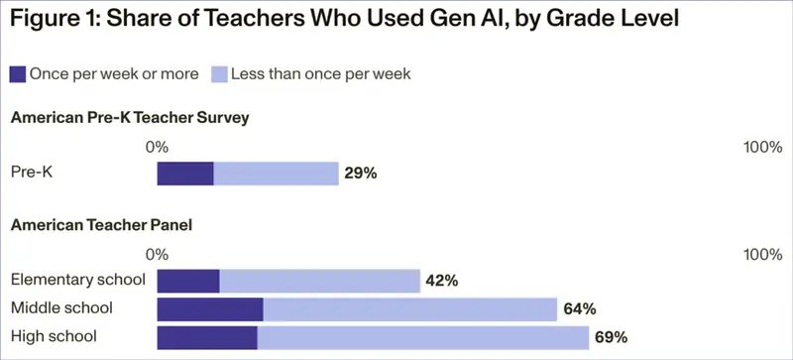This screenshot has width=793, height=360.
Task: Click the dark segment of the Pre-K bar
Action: coord(185,174)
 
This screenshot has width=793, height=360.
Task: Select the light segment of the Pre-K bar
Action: coord(276,174)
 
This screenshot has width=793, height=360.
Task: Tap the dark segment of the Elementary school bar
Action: coord(188,281)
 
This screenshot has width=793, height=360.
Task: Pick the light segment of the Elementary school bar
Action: coord(319,281)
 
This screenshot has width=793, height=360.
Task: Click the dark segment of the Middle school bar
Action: coord(210,308)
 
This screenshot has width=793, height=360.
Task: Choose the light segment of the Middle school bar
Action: coord(409,308)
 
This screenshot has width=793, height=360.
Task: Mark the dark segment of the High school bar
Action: coord(207,336)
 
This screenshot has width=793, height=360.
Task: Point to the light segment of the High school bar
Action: coord(423,336)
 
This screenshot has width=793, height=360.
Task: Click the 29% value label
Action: coord(361,174)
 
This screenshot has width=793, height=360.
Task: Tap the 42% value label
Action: coord(441,281)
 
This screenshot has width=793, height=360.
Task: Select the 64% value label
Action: coord(579,308)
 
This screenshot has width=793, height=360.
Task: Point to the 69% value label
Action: coord(611,337)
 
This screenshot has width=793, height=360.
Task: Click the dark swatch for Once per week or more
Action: coord(18,73)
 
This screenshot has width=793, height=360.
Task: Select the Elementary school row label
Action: coord(77,281)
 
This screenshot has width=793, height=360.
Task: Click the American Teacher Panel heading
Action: coord(100,225)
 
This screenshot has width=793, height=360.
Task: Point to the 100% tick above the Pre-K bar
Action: coord(762,147)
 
